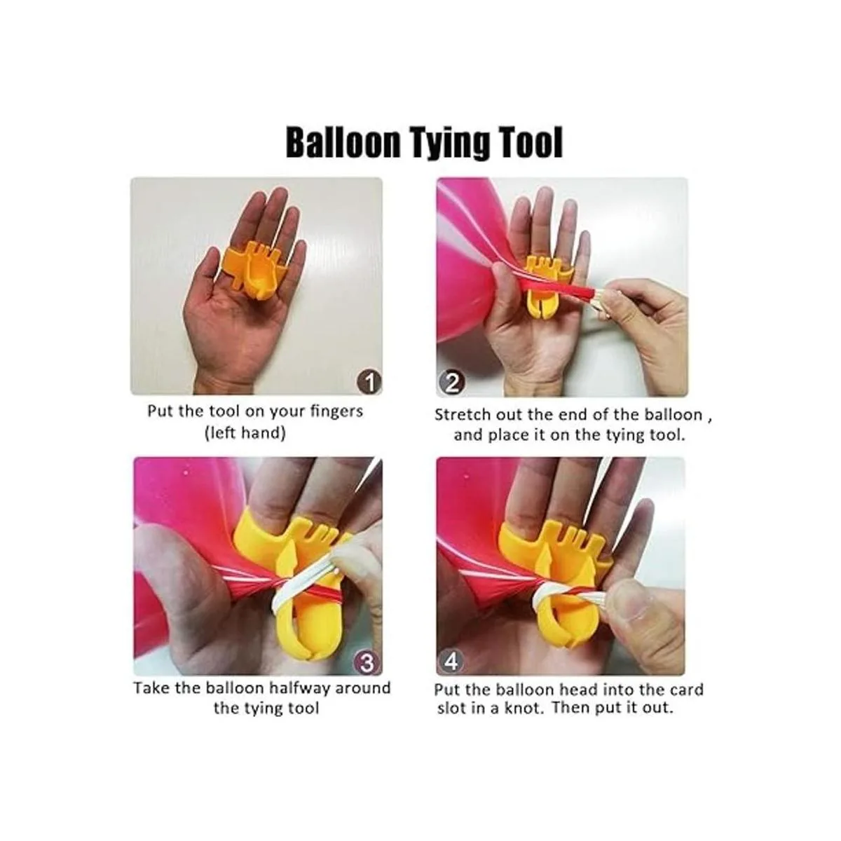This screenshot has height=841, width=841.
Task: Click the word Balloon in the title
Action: (x=343, y=143)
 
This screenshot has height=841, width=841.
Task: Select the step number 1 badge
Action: (x=369, y=383)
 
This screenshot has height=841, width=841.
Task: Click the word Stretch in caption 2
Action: (x=462, y=414)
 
